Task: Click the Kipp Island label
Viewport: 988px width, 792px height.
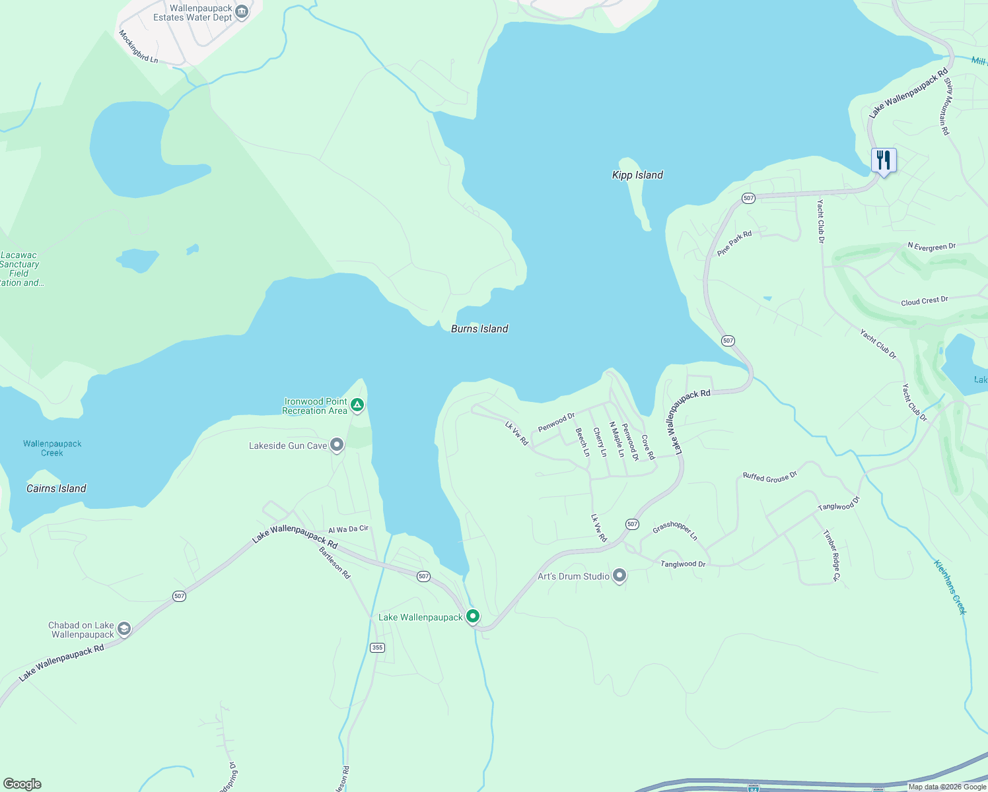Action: (637, 175)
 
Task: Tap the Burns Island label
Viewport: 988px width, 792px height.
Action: (479, 329)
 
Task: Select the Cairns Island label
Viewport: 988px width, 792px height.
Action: (56, 488)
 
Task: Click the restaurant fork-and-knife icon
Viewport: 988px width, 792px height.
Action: (883, 160)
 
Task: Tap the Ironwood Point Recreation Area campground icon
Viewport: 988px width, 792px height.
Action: (357, 405)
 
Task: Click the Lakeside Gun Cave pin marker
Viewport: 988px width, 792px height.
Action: (337, 445)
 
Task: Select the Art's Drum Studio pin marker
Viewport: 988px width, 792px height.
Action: (619, 576)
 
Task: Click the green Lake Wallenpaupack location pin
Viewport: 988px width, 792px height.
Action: (473, 616)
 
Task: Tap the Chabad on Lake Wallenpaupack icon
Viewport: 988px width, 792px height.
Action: (124, 629)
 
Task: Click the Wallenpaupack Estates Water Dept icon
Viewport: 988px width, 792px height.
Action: (242, 11)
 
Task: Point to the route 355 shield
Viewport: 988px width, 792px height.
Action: (377, 647)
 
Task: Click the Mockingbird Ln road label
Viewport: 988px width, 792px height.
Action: (139, 46)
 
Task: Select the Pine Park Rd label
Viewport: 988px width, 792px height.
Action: (734, 243)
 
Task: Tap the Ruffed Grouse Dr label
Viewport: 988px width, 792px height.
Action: (770, 477)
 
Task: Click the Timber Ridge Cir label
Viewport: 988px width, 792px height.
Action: (831, 555)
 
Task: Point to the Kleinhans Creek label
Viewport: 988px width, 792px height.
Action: (950, 587)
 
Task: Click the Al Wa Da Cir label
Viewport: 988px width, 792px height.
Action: (348, 529)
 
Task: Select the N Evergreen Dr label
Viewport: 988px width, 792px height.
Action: (931, 246)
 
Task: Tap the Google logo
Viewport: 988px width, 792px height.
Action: (22, 784)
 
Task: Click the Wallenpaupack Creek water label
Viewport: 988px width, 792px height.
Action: (52, 448)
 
